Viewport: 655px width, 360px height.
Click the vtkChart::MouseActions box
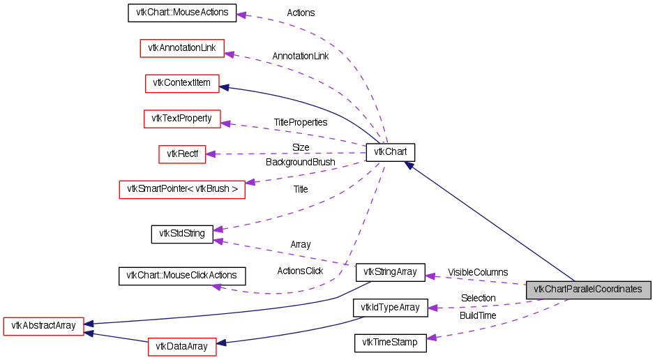pyautogui.click(x=182, y=13)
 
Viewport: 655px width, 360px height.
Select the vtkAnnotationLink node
pyautogui.click(x=182, y=48)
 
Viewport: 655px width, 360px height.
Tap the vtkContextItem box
pyautogui.click(x=182, y=83)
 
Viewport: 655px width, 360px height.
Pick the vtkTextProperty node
pyautogui.click(x=182, y=119)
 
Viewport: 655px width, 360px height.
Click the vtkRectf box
pyautogui.click(x=182, y=153)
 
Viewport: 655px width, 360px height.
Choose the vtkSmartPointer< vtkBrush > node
pyautogui.click(x=182, y=189)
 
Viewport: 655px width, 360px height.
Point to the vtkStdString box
pyautogui.click(x=182, y=234)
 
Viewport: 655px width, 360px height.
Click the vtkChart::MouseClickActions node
pyautogui.click(x=182, y=276)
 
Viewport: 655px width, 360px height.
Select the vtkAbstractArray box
pyautogui.click(x=44, y=325)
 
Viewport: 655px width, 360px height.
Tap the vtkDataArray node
pyautogui.click(x=182, y=346)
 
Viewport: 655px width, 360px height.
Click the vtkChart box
pyautogui.click(x=391, y=151)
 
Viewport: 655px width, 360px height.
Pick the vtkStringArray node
pyautogui.click(x=391, y=272)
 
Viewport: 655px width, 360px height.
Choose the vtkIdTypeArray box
pyautogui.click(x=391, y=307)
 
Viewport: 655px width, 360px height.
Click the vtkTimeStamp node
pyautogui.click(x=391, y=343)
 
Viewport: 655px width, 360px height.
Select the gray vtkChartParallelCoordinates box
pyautogui.click(x=588, y=290)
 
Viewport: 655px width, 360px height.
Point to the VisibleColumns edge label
pyautogui.click(x=478, y=272)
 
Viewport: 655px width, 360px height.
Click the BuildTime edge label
pyautogui.click(x=478, y=316)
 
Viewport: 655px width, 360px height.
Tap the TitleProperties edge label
pyautogui.click(x=301, y=122)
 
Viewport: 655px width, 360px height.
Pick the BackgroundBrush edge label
pyautogui.click(x=301, y=162)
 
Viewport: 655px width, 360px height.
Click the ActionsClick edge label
pyautogui.click(x=300, y=271)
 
